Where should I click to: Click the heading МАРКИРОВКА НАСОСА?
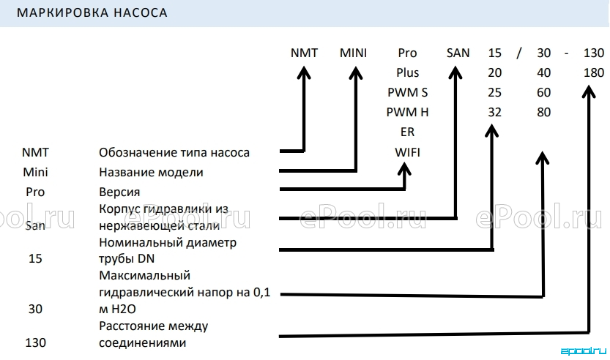coord(92,13)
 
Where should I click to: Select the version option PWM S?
coord(407,92)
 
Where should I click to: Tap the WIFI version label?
coord(407,152)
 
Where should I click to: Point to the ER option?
coord(407,132)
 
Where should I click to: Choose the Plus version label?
coord(407,72)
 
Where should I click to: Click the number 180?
coord(594,72)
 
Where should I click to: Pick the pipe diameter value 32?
coord(494,113)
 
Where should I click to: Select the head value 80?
coord(543,113)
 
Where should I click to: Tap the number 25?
coord(494,92)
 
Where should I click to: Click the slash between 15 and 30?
coord(519,53)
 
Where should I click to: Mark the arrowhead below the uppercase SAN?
coord(455,72)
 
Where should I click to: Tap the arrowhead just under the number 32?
coord(492,131)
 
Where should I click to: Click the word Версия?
coord(119,192)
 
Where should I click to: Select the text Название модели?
coord(151,172)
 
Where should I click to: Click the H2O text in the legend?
coord(124,309)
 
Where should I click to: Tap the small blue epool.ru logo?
coord(584,351)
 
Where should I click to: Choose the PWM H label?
coord(407,113)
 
